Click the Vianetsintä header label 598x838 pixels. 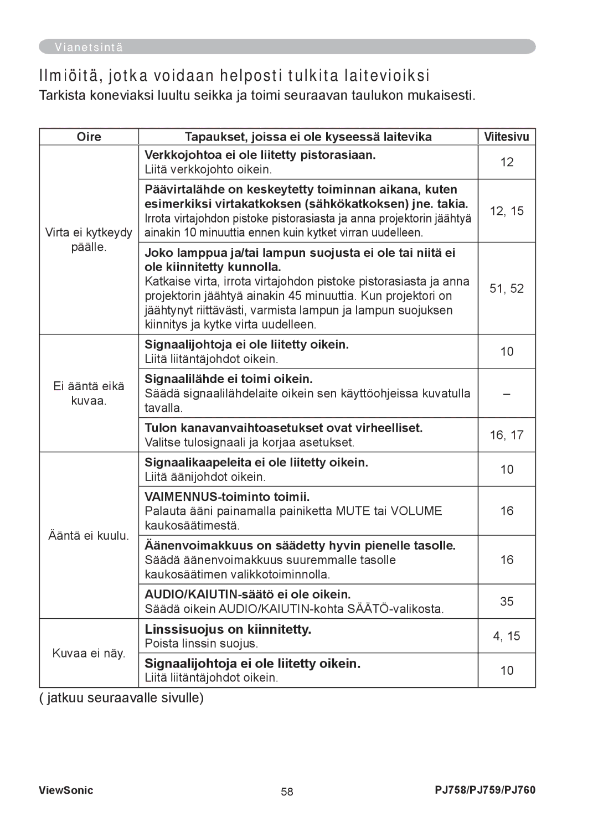click(89, 48)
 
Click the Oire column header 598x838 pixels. click(89, 137)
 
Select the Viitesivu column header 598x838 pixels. click(506, 137)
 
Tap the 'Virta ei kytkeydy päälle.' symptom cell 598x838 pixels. click(89, 240)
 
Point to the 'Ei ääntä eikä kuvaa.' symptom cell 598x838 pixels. click(89, 394)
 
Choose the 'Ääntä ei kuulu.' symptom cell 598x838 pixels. click(89, 536)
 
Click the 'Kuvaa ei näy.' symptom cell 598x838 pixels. click(89, 653)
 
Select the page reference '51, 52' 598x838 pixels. click(507, 288)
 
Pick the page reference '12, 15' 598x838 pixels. click(507, 211)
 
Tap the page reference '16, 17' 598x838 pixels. click(507, 435)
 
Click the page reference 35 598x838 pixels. click(507, 601)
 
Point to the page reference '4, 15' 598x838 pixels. click(507, 636)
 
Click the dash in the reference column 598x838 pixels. click(507, 394)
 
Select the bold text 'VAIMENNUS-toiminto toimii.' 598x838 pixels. click(227, 497)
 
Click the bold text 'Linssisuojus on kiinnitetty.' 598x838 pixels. click(228, 629)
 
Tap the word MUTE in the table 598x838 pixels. click(353, 511)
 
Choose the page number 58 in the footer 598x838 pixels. click(287, 792)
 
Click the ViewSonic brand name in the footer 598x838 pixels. click(66, 790)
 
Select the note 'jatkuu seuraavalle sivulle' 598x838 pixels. click(125, 698)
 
